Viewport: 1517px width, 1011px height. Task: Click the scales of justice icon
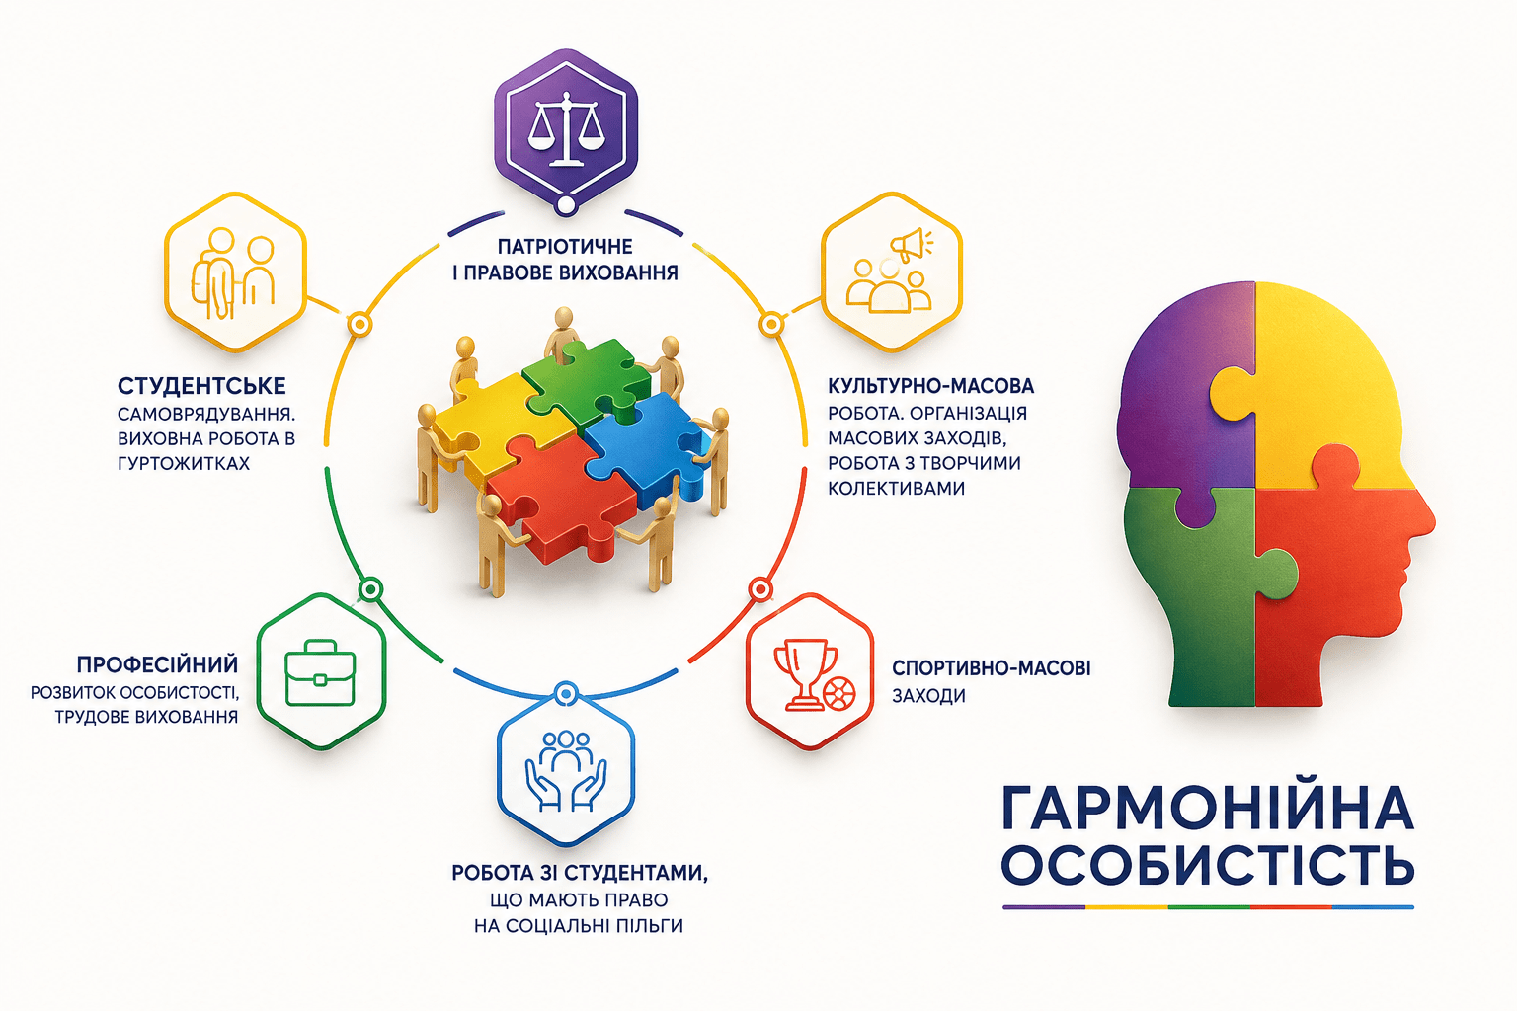click(565, 128)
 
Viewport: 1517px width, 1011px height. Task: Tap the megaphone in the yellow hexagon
click(911, 245)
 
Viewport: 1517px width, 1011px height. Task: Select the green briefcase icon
click(320, 672)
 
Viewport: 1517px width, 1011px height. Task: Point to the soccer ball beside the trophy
click(839, 695)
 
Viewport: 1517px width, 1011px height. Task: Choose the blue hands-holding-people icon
click(566, 771)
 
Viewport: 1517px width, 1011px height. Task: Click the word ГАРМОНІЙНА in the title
click(1208, 808)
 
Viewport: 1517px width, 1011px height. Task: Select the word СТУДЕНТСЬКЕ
click(201, 386)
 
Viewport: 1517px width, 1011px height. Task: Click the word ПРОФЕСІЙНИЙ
click(157, 665)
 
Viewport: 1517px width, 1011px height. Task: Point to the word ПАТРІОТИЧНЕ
click(565, 246)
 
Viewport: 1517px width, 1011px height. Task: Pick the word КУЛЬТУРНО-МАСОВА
click(931, 386)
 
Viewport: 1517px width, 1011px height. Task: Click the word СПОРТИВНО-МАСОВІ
click(992, 668)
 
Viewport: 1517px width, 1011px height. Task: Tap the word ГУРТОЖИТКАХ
click(184, 463)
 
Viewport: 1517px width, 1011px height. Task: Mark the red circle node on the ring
click(760, 589)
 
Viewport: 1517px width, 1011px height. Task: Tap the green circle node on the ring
click(369, 589)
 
